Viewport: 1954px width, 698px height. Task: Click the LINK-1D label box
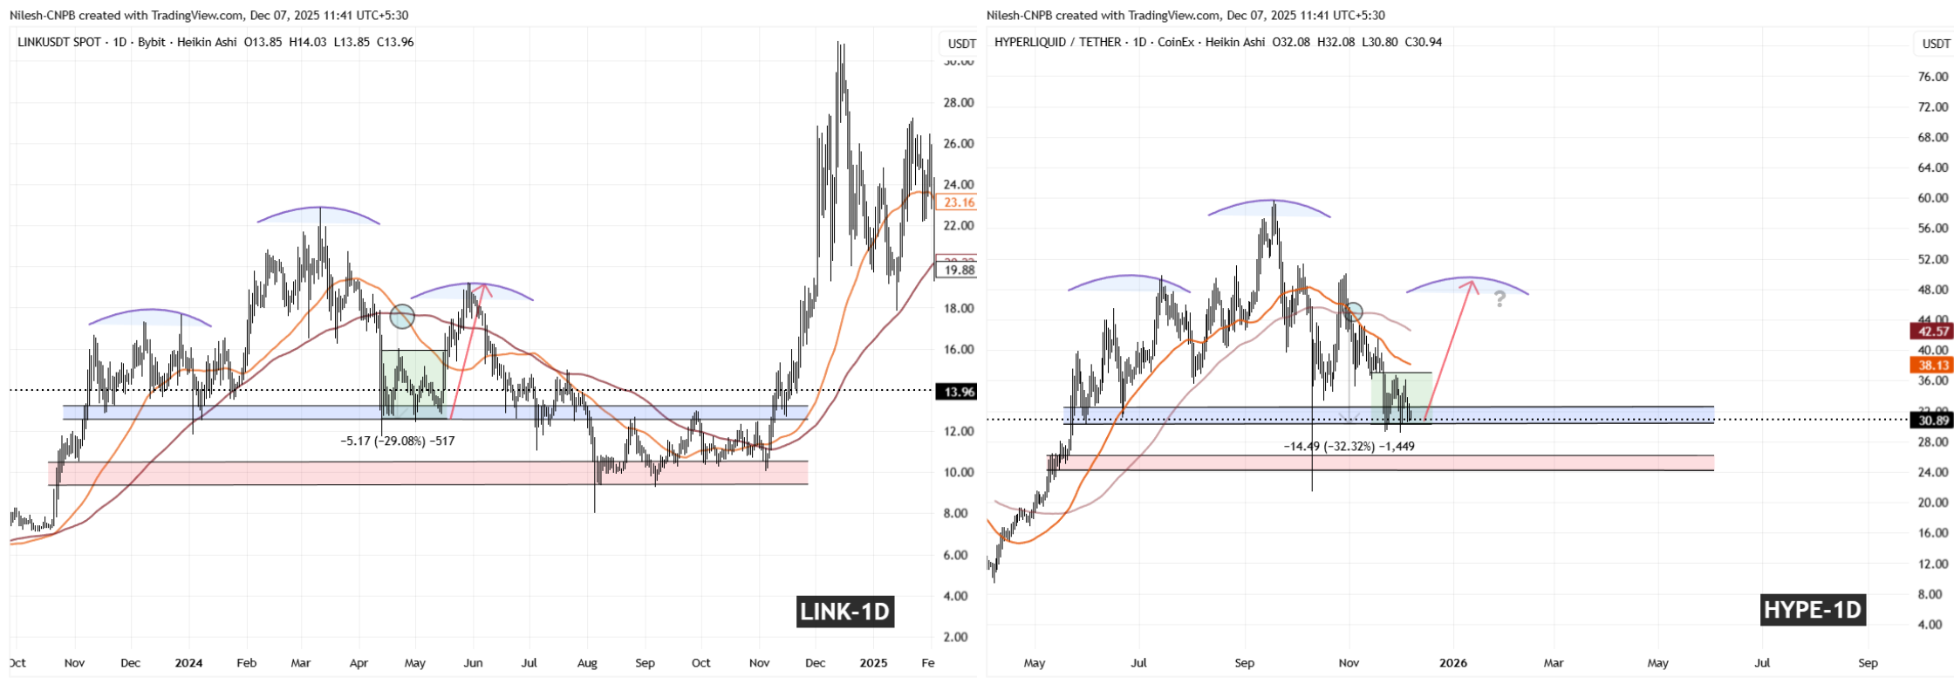(845, 612)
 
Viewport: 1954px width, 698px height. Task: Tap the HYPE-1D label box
(1813, 609)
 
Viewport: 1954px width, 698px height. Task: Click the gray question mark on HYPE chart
(1500, 299)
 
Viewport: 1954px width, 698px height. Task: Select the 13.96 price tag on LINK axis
(955, 392)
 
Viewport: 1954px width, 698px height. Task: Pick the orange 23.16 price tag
(955, 202)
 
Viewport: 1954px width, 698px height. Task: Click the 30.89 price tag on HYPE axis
(1932, 421)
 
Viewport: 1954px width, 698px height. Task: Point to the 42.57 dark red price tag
(1932, 331)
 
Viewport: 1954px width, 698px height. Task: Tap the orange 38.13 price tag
(1932, 366)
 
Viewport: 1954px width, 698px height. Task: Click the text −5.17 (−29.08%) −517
(398, 441)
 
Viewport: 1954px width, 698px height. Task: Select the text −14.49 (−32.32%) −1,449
(1349, 446)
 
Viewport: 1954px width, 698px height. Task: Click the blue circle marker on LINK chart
(401, 317)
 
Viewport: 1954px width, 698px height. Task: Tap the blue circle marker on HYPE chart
(1353, 311)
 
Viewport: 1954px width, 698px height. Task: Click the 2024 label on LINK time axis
(188, 663)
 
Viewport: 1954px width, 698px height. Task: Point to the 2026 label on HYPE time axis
(1453, 663)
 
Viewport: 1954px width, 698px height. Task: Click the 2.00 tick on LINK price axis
(956, 637)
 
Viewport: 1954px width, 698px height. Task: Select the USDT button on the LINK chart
(961, 44)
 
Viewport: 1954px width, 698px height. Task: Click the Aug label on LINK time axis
(587, 663)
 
